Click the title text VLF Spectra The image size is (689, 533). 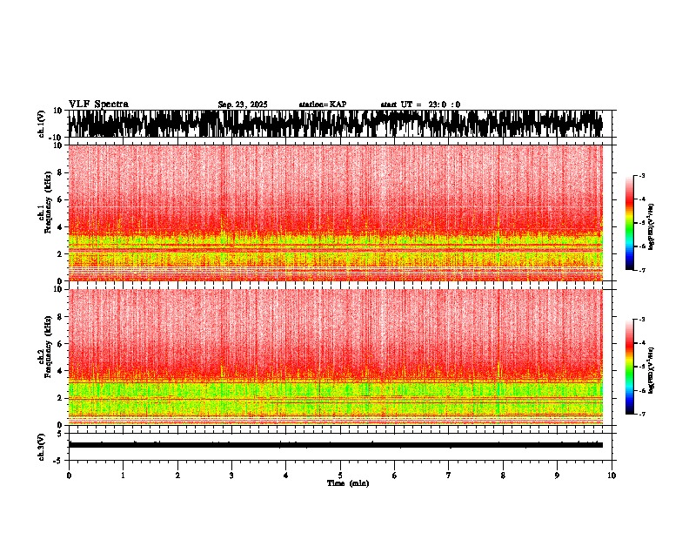(x=98, y=105)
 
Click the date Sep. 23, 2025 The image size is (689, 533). (x=243, y=105)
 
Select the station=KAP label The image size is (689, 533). (x=322, y=105)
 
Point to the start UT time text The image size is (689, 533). (x=420, y=105)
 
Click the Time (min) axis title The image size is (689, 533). (x=347, y=482)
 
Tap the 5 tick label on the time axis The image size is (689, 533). (x=340, y=475)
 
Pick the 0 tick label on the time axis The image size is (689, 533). (x=69, y=475)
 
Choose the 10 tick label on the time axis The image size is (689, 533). (x=612, y=475)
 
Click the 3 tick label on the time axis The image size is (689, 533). (x=231, y=475)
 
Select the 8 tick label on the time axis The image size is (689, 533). (x=503, y=475)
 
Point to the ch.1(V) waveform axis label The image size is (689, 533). (x=42, y=124)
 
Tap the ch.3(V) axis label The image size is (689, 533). (x=42, y=444)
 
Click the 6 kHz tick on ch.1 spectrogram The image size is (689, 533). (x=59, y=199)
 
